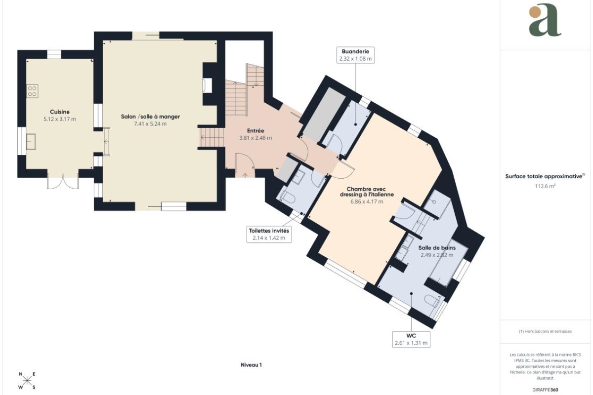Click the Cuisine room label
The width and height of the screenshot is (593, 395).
60,112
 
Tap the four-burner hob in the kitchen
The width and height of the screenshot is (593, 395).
32,91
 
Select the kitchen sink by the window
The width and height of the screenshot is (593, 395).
31,142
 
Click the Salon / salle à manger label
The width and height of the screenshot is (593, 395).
150,117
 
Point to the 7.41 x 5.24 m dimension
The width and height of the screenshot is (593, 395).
150,124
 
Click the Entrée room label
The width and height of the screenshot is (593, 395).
255,131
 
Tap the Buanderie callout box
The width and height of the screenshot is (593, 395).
355,55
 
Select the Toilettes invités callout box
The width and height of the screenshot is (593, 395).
269,234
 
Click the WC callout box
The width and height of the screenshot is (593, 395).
411,339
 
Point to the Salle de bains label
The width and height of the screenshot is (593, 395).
437,248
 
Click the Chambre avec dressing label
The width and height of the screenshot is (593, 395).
367,192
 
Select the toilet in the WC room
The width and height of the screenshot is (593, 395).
432,301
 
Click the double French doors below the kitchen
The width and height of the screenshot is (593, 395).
63,182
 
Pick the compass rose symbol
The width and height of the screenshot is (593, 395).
27,381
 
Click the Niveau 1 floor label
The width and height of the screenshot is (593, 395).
251,365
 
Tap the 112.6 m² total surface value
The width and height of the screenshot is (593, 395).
545,186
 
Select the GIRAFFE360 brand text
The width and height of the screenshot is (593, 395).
545,390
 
